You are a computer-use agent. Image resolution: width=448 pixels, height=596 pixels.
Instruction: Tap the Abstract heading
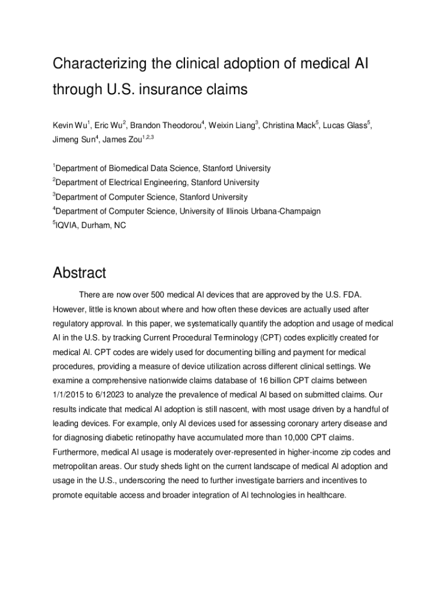click(x=79, y=272)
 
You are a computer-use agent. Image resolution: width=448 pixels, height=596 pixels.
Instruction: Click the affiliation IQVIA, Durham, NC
click(x=90, y=225)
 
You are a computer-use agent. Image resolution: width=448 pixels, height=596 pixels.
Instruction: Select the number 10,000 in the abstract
click(x=310, y=437)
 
